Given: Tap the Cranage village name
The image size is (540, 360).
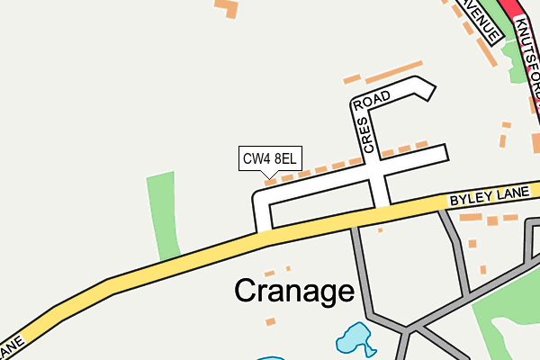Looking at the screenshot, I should point(294,291).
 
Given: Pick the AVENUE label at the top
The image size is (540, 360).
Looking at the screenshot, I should point(481,20).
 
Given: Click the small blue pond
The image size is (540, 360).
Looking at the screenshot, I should point(354,339).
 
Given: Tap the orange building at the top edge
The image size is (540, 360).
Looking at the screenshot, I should point(225,8).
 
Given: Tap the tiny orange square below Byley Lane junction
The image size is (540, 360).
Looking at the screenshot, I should point(381,229).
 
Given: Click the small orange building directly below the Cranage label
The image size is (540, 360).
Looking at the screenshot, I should point(271,320).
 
